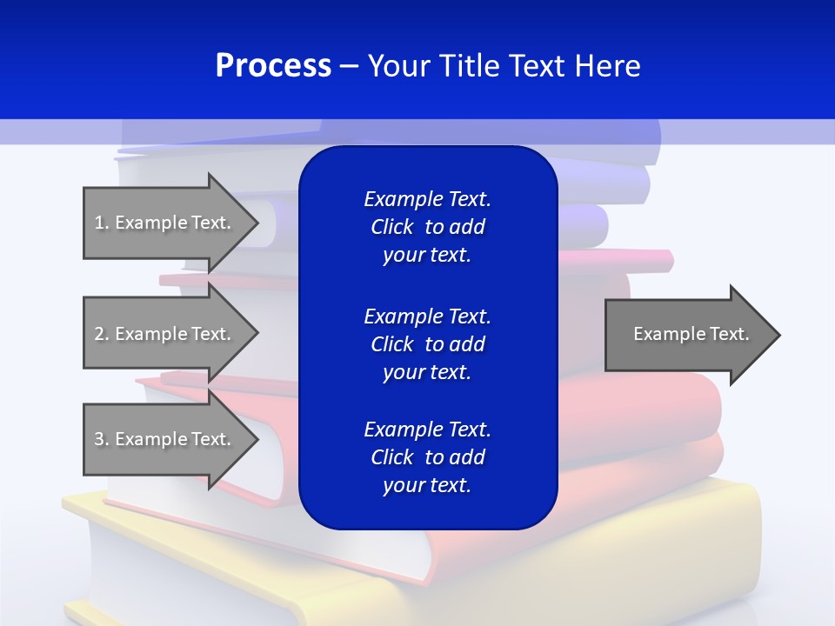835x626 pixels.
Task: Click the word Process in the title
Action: coord(273,66)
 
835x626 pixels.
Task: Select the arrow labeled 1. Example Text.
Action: coord(165,223)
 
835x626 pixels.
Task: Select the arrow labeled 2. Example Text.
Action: coord(165,334)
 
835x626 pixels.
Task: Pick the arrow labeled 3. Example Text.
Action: coord(165,439)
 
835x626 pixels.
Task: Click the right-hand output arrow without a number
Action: coord(687,335)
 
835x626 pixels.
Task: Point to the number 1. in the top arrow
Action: coord(102,223)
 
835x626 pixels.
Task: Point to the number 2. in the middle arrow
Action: coord(102,334)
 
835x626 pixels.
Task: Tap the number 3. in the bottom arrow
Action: coord(102,439)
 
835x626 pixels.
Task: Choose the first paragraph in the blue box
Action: coord(427,227)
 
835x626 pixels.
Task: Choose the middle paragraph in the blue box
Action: coord(427,344)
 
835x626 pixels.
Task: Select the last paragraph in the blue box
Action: coord(427,457)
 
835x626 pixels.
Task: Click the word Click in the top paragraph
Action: coord(392,227)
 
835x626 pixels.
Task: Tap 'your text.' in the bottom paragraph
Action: coord(427,485)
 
